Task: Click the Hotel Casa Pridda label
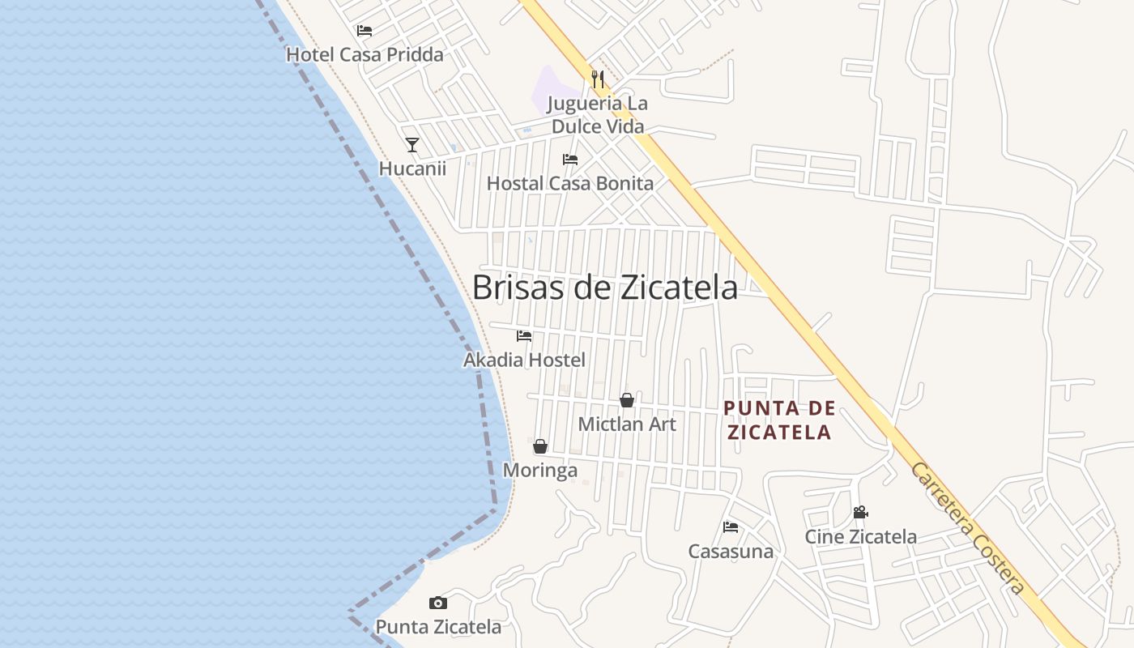[364, 55]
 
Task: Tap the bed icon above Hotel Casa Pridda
[364, 31]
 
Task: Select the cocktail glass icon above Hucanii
[412, 145]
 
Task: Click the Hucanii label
[412, 168]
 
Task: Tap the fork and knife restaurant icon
[598, 79]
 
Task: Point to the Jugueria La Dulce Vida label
[598, 115]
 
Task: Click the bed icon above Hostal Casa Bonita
[570, 160]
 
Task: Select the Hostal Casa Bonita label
[570, 184]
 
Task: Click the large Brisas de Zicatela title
[605, 288]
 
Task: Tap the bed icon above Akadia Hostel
[524, 335]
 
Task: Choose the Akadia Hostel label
[524, 360]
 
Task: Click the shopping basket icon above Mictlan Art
[627, 400]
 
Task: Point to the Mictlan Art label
[627, 424]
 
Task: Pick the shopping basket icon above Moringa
[540, 446]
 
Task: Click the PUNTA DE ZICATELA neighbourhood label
[779, 420]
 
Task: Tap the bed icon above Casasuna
[731, 527]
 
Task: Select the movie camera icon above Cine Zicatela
[860, 513]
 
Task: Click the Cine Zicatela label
[860, 537]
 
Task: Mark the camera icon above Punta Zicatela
[438, 603]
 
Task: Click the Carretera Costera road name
[968, 528]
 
